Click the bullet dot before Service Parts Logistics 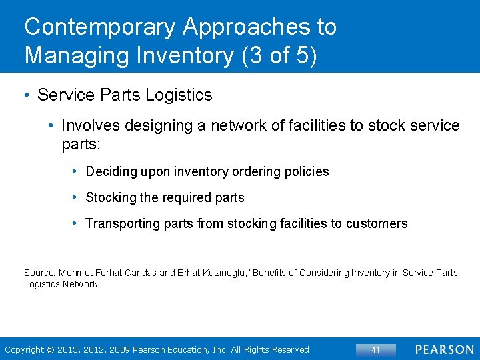pos(27,95)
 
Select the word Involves pos(88,125)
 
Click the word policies pos(306,171)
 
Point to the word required pos(185,197)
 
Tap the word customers pos(377,224)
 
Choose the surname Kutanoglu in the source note pos(237,273)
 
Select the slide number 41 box pos(375,349)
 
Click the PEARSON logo pos(444,349)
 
